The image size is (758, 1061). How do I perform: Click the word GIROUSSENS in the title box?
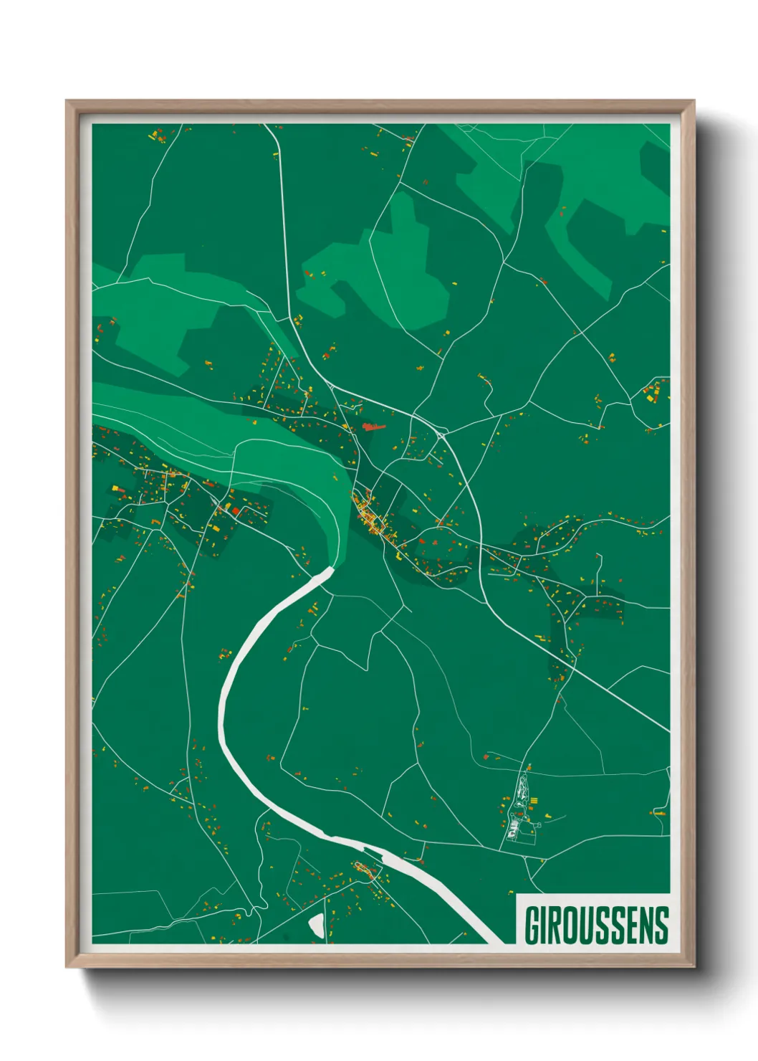click(597, 926)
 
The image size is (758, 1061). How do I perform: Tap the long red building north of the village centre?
click(373, 427)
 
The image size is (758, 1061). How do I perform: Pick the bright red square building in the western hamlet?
click(235, 510)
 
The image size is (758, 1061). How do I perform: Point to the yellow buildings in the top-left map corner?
click(158, 134)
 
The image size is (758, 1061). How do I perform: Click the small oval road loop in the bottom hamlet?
click(363, 870)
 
